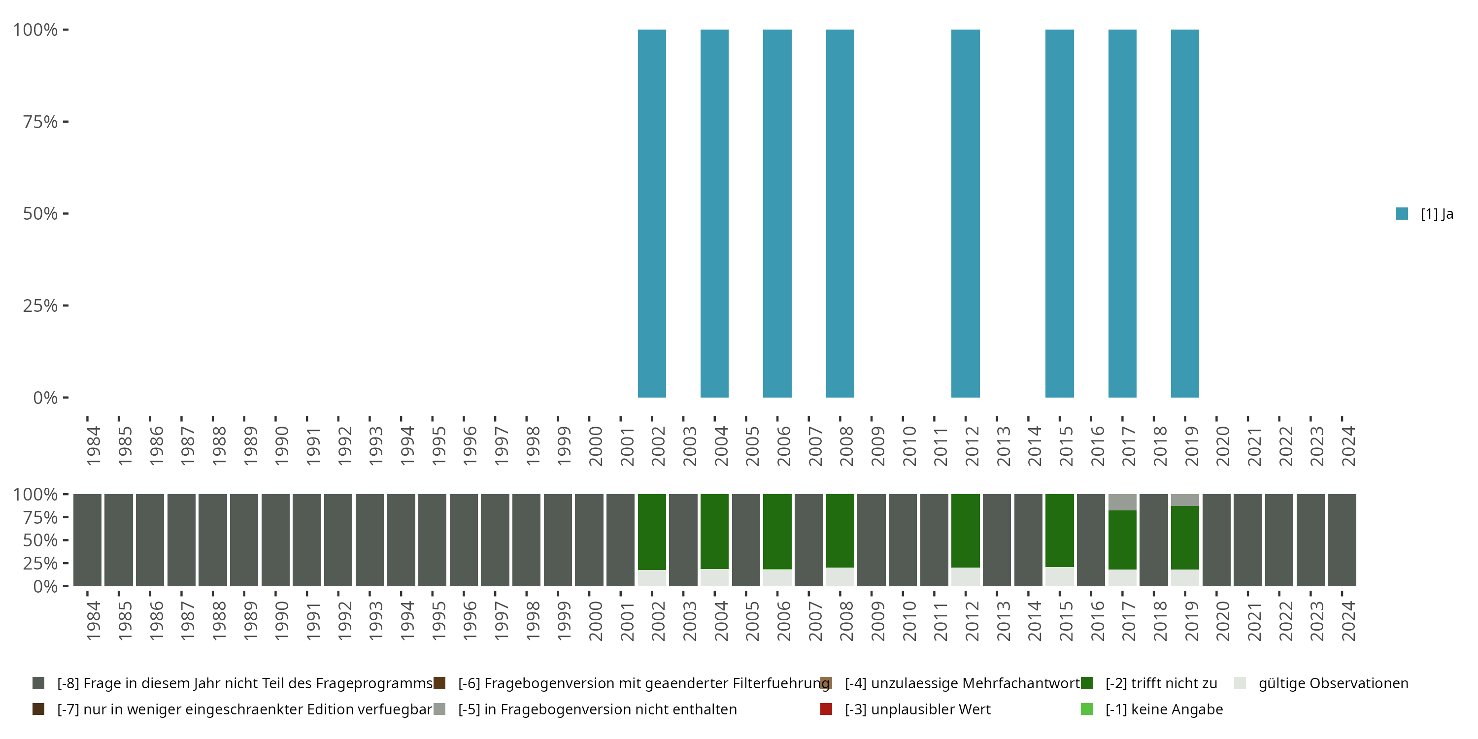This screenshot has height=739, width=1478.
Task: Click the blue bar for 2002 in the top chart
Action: click(652, 213)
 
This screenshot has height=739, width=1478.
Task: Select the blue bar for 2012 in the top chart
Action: click(965, 213)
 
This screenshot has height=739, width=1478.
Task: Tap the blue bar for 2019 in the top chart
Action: click(1185, 213)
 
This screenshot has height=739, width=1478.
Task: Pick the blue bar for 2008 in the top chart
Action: click(840, 213)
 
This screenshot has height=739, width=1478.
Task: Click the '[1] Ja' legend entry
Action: click(1425, 214)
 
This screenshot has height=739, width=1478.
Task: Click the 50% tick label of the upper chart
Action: click(40, 213)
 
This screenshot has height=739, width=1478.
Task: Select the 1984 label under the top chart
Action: click(94, 446)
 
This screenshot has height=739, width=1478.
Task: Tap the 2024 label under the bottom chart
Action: click(1348, 621)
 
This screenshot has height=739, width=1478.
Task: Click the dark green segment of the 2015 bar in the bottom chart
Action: click(1059, 530)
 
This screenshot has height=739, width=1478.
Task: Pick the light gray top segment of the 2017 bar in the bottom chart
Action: click(1122, 502)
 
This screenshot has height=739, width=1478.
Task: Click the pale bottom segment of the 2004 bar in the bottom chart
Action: click(714, 577)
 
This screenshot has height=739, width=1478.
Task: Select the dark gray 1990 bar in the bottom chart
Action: click(275, 540)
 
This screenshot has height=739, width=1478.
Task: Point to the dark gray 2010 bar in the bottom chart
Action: click(903, 540)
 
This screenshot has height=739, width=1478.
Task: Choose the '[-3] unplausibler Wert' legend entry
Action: click(917, 709)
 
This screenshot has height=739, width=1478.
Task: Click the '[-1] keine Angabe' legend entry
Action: click(1164, 709)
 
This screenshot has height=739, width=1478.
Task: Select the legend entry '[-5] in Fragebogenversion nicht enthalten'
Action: click(597, 709)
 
